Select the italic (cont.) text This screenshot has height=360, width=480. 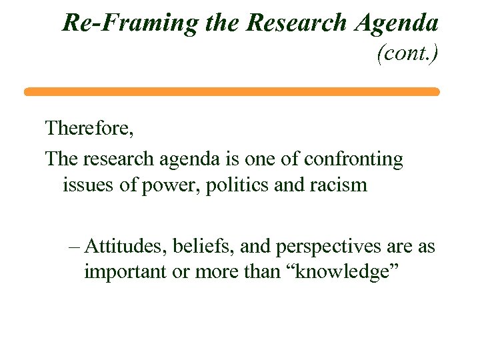pyautogui.click(x=407, y=53)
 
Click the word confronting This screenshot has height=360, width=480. pyautogui.click(x=353, y=159)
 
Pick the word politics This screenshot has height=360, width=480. pyautogui.click(x=237, y=185)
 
